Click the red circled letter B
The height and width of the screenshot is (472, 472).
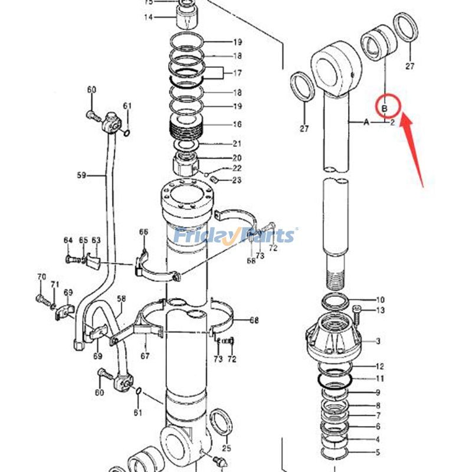[384, 109]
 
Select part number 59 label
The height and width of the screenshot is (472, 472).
[81, 175]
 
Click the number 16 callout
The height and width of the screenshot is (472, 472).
[237, 124]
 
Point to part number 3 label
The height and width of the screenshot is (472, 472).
[378, 341]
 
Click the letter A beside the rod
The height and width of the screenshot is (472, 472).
[366, 122]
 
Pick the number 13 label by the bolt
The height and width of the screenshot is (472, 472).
[381, 310]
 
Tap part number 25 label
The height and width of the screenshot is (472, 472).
[227, 448]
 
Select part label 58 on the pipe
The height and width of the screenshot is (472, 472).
[122, 299]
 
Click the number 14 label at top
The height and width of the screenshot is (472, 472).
[149, 17]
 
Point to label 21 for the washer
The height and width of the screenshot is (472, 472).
[237, 143]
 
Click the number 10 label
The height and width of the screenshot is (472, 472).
[381, 300]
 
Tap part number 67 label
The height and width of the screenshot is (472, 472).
[145, 356]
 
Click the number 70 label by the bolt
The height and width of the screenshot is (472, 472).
[41, 276]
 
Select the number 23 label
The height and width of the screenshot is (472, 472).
[237, 180]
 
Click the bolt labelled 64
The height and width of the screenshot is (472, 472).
[73, 259]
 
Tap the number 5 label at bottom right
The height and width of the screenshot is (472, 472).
[378, 452]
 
